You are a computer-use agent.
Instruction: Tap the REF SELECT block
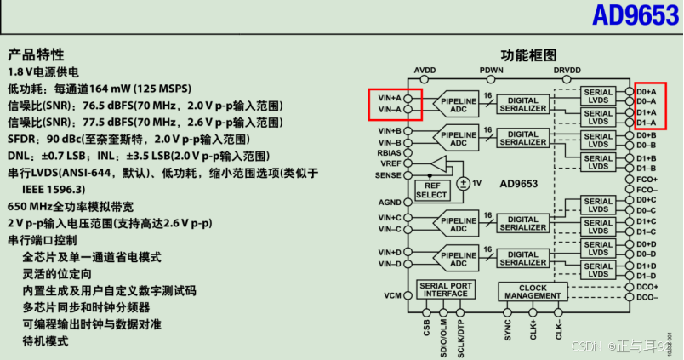tap(431, 190)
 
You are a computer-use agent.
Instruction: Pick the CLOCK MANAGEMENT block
tap(533, 293)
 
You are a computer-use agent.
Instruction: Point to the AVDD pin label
tap(425, 70)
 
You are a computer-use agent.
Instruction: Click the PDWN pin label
tap(491, 70)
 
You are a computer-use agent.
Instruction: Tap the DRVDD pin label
tap(567, 70)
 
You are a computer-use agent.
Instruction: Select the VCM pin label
tap(392, 295)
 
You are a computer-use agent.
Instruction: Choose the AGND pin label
tap(390, 203)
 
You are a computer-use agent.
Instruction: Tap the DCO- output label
tap(647, 297)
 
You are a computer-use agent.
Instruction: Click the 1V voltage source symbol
tap(464, 183)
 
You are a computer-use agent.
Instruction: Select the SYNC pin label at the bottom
tap(508, 331)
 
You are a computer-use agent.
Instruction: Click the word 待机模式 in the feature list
tap(45, 340)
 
